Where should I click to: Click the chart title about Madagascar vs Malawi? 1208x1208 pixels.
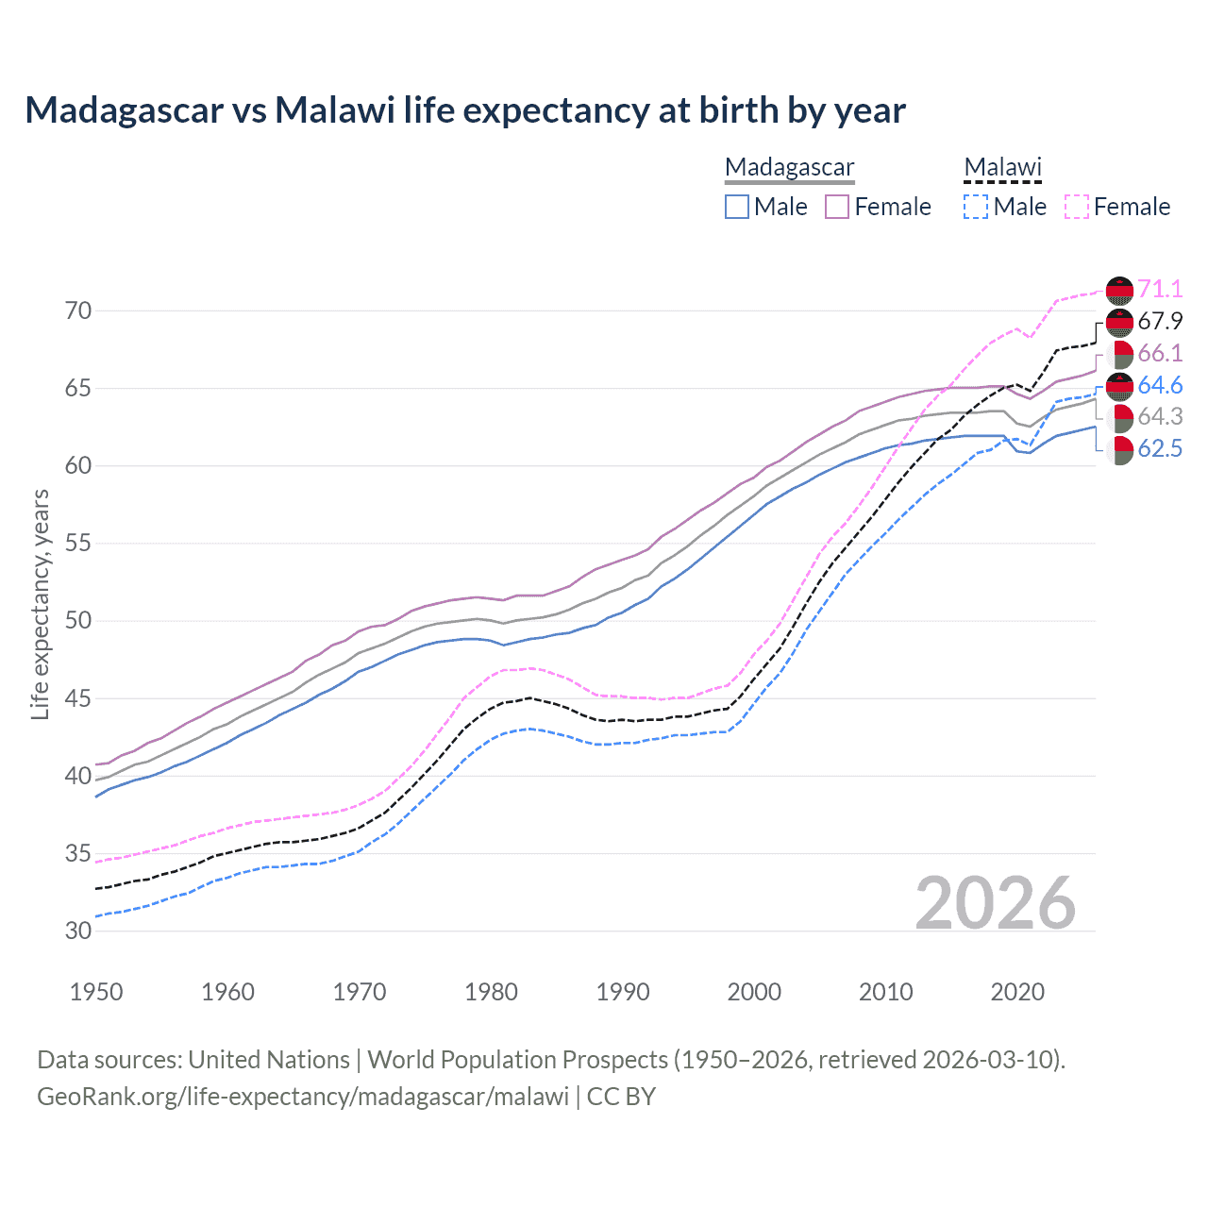tap(465, 110)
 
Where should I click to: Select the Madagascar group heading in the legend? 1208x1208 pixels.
tap(789, 167)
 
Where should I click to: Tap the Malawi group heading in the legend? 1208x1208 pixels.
tap(1002, 167)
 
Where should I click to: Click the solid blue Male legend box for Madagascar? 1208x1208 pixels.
tap(737, 207)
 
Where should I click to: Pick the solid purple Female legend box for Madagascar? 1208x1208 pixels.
tap(837, 207)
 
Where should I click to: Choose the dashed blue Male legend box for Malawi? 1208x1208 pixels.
tap(976, 207)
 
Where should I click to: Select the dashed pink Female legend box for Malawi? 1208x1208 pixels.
tap(1076, 207)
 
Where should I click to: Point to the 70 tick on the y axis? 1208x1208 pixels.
tap(78, 310)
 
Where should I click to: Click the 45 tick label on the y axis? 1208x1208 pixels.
tap(78, 698)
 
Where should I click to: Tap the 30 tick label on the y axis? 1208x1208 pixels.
tap(78, 931)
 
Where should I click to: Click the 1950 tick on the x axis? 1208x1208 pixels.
tap(96, 992)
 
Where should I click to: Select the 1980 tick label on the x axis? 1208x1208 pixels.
tap(491, 992)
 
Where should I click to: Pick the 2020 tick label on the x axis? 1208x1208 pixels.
tap(1016, 992)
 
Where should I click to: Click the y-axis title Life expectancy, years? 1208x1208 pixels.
tap(40, 604)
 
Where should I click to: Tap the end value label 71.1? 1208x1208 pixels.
tap(1160, 289)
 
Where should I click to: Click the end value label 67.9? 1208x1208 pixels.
tap(1160, 321)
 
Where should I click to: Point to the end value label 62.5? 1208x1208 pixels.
tap(1160, 448)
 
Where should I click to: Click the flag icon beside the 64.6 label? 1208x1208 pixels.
tap(1119, 386)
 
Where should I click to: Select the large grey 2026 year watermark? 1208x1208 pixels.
tap(995, 903)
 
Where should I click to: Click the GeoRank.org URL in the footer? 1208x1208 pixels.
tap(303, 1097)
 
